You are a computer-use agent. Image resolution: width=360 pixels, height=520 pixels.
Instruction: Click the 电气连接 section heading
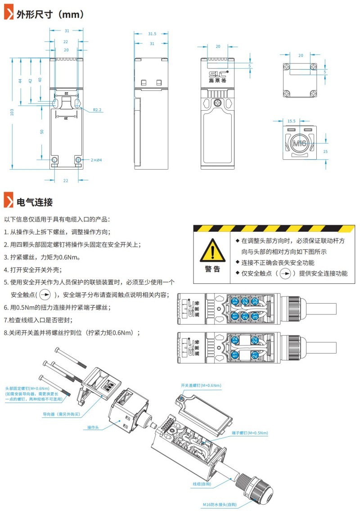click(35, 202)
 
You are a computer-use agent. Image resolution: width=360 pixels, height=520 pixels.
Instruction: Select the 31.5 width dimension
click(152, 34)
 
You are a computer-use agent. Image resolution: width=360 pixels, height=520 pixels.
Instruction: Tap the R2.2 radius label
click(97, 109)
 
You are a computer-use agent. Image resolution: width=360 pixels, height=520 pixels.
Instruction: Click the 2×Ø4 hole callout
click(96, 160)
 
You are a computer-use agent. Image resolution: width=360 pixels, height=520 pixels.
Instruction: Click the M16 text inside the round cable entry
click(299, 143)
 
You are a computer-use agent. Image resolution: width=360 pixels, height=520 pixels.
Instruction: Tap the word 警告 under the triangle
click(212, 269)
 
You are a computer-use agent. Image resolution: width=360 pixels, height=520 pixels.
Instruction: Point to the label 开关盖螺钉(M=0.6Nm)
click(201, 386)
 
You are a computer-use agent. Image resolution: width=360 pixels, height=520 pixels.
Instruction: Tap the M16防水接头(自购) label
click(220, 505)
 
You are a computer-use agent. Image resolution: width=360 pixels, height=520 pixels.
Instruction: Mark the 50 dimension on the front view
click(42, 131)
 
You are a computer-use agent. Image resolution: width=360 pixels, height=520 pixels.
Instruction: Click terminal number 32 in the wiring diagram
click(256, 301)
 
